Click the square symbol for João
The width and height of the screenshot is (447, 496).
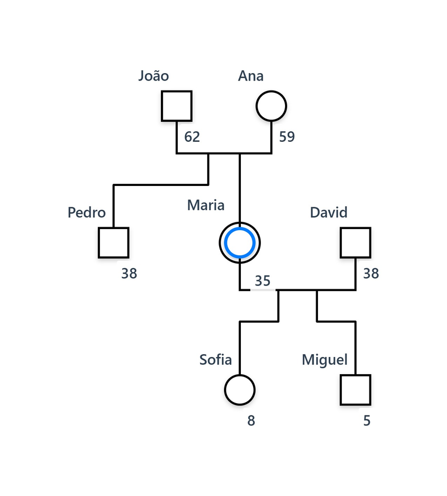coord(177,106)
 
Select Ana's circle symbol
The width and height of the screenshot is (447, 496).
coord(271,106)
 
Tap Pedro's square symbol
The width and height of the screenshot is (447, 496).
coord(113,242)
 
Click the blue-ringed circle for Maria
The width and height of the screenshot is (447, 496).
coord(240,242)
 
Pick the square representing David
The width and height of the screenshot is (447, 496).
coord(355,242)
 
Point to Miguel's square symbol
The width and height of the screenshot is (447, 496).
coord(355,389)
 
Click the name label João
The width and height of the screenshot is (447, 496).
coord(154,76)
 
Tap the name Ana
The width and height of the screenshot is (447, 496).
coord(251,76)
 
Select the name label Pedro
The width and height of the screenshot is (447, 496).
coord(87,213)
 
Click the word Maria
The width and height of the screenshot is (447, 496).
coord(206,205)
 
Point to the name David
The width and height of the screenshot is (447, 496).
coord(329,212)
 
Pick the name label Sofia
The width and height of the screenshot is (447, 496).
coord(216,360)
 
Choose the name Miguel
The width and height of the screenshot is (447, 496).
coord(325,360)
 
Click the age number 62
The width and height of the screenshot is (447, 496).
coord(192,137)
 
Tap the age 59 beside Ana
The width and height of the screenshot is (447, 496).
coord(287,137)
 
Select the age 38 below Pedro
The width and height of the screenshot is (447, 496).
coord(129,274)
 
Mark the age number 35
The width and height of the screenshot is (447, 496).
coord(263,281)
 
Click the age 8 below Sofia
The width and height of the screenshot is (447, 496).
coord(251,421)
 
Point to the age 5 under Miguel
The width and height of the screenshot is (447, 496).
coord(367,421)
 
